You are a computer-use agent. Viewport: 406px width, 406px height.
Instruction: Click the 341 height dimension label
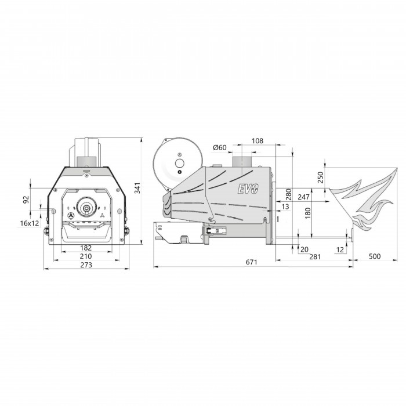(137, 188)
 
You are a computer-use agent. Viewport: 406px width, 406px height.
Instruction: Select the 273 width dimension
(86, 265)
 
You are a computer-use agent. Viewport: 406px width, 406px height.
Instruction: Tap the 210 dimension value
(86, 256)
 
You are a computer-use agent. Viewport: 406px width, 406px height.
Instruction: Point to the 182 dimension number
(86, 248)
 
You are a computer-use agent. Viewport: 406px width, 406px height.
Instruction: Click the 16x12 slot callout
(30, 223)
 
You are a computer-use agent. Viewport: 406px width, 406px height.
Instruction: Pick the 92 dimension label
(27, 200)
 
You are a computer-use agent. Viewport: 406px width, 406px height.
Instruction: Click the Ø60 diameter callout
(220, 147)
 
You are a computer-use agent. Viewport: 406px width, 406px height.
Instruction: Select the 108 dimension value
(258, 141)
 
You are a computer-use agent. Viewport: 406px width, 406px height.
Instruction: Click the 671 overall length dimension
(251, 262)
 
